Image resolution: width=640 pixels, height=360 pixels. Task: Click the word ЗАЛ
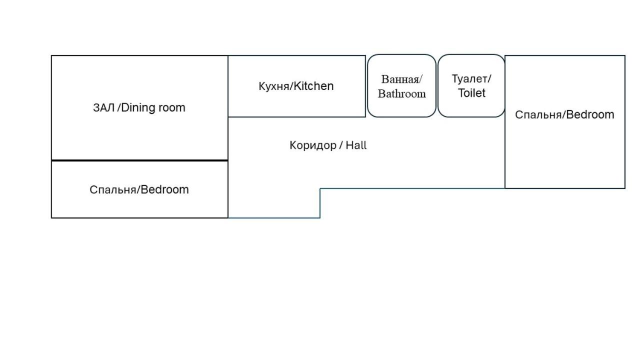(103, 107)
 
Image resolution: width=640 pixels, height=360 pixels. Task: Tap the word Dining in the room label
(138, 108)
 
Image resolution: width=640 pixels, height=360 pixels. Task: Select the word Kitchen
(313, 86)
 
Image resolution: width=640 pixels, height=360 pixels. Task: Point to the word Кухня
(274, 86)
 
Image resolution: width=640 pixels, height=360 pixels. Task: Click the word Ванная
(400, 79)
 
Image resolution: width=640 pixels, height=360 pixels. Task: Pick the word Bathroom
(401, 93)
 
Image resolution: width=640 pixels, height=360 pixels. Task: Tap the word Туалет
(470, 79)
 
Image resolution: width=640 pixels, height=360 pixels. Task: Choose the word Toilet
(471, 93)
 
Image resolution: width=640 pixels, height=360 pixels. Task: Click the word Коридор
(313, 145)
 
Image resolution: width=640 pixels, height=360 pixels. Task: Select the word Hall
(356, 145)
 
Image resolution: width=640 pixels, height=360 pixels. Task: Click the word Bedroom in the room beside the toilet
(590, 114)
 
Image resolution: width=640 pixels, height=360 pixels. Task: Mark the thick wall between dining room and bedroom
(139, 160)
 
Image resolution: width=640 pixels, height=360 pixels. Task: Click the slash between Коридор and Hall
(341, 145)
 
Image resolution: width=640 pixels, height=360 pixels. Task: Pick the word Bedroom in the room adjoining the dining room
(164, 189)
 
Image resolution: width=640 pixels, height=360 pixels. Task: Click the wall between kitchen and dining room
(228, 86)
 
